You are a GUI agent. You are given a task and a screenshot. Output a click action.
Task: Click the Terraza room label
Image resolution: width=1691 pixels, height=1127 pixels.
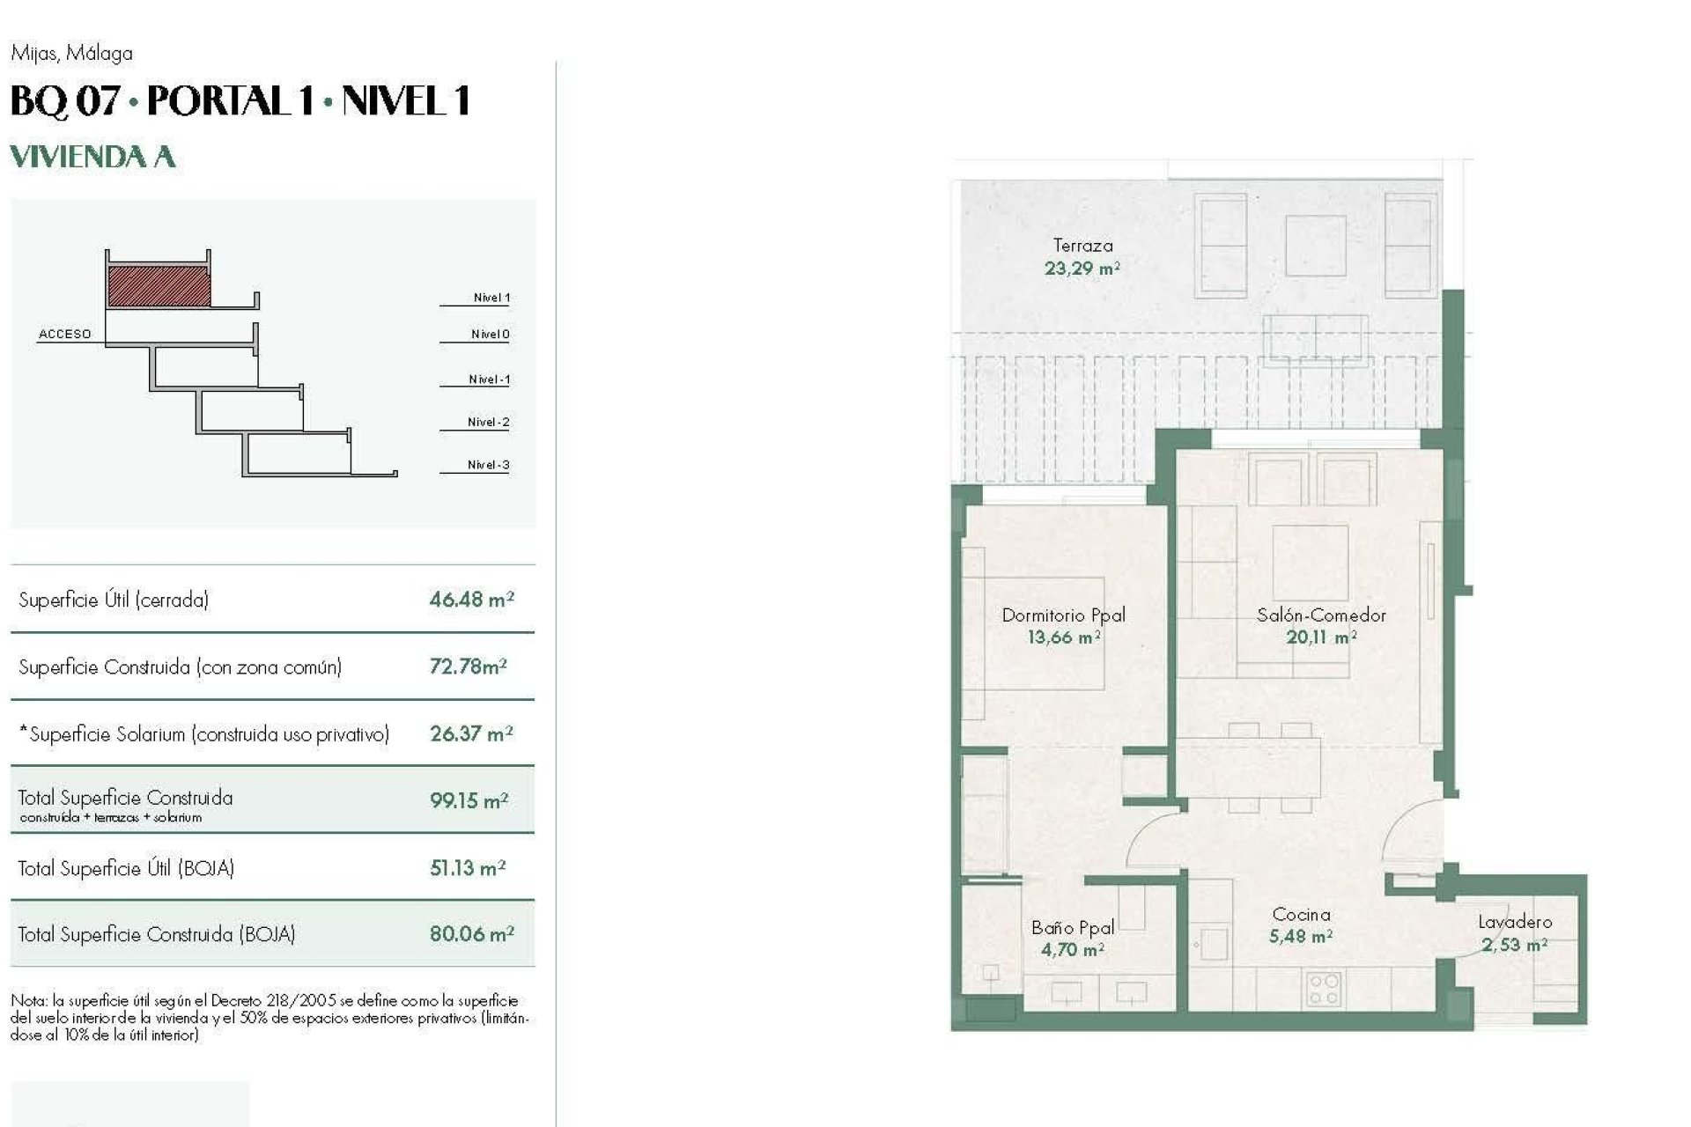(1082, 246)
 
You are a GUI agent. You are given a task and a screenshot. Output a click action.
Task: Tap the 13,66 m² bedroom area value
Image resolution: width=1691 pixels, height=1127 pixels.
(1064, 637)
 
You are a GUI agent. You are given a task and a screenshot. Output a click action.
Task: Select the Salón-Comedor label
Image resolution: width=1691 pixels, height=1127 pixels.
(1321, 615)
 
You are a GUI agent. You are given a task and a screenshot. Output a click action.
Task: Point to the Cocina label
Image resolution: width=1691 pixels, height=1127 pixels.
(1301, 915)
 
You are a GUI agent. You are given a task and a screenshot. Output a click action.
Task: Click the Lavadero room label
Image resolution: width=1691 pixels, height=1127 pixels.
(1515, 922)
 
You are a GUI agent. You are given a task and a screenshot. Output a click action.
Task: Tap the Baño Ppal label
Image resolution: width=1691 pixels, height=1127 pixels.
(1073, 927)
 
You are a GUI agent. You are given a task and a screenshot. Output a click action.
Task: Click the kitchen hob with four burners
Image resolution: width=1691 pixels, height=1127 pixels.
(1323, 988)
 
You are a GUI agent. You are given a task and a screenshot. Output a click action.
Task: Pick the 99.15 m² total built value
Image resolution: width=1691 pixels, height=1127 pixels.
(469, 800)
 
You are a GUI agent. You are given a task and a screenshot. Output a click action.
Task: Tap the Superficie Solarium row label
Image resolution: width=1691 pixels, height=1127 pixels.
(203, 734)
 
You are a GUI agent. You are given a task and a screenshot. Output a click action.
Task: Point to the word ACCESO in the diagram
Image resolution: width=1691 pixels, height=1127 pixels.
(64, 334)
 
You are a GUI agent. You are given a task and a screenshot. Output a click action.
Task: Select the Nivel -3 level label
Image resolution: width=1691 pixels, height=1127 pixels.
(488, 465)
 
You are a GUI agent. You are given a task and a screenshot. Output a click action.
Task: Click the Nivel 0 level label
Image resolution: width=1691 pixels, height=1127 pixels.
(490, 334)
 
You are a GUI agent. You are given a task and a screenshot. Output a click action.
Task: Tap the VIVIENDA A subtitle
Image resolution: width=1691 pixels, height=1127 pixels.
(92, 157)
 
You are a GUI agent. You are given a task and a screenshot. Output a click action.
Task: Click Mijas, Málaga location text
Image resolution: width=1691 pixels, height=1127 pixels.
(71, 54)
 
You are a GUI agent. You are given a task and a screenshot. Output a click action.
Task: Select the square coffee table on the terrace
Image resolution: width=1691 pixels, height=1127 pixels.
(1315, 246)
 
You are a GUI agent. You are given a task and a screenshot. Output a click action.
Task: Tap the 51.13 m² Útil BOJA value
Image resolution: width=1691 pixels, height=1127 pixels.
(467, 868)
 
